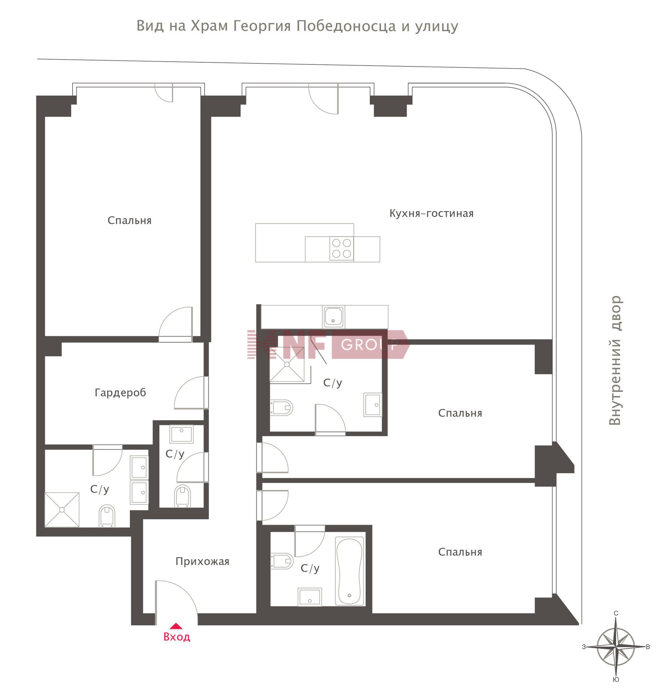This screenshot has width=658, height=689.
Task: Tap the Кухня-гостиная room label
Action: (431, 213)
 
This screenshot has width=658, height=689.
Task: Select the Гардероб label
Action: (120, 393)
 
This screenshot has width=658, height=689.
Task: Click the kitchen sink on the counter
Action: (333, 317)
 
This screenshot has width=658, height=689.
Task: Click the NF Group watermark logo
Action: (328, 344)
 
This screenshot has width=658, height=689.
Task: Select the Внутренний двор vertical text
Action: (615, 360)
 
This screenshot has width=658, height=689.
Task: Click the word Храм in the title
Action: (209, 26)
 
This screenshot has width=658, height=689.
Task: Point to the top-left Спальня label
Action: (130, 221)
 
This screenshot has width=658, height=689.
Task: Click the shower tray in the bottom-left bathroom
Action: (62, 510)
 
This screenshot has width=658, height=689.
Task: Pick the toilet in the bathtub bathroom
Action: (282, 561)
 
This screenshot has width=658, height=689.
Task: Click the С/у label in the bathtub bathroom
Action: (310, 568)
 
